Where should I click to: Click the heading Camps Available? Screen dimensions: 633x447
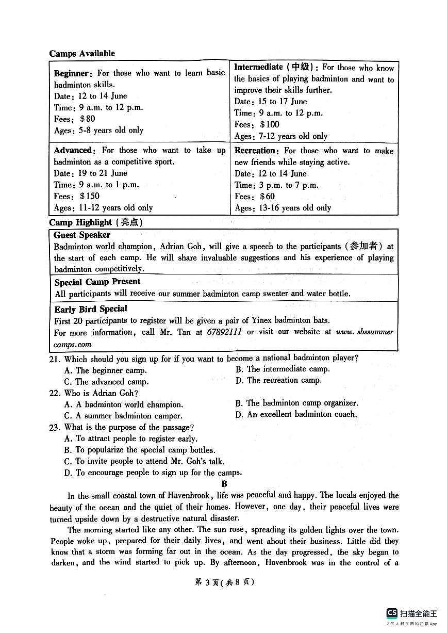tap(82, 54)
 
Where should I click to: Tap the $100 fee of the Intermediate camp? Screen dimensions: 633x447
tap(270, 124)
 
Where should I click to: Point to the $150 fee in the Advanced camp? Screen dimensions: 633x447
tap(90, 196)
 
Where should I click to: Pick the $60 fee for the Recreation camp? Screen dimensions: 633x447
tap(268, 197)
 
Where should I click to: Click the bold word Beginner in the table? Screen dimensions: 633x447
tap(73, 73)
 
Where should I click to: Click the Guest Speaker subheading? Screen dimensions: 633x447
tap(82, 235)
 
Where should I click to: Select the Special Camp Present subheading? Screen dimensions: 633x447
tap(97, 282)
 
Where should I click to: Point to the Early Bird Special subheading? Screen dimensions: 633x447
tap(91, 309)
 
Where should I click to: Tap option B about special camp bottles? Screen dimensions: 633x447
tap(140, 450)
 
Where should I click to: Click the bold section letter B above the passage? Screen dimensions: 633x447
tap(224, 484)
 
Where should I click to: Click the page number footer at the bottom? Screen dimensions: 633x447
tap(224, 582)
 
